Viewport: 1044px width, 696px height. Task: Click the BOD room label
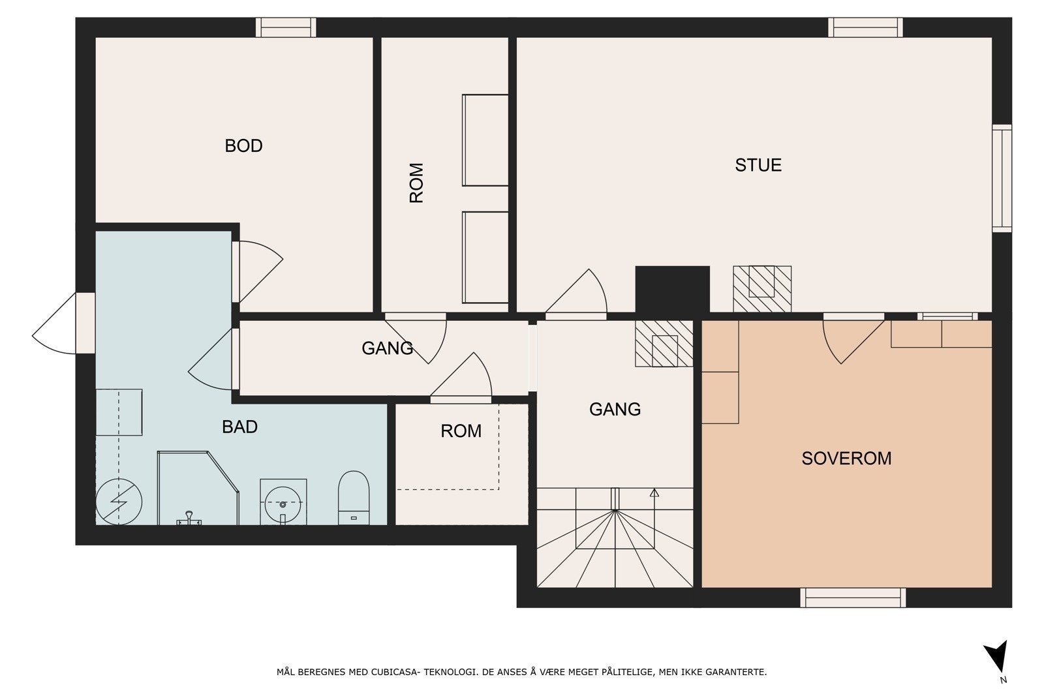coord(243,146)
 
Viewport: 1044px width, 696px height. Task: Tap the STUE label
coord(758,165)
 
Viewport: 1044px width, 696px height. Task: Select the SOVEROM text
coord(846,459)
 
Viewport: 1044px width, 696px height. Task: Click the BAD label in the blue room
coord(239,427)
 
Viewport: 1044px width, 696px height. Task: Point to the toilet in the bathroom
coord(353,498)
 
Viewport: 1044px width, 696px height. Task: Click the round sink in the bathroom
coord(283,504)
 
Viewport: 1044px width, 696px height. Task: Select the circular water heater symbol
coord(119,502)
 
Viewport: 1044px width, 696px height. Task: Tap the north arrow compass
coord(997,659)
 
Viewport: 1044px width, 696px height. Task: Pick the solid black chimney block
coord(672,290)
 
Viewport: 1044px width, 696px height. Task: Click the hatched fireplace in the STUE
coord(762,289)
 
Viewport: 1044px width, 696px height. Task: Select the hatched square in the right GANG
coord(664,344)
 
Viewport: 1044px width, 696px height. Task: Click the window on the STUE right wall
coord(1002,178)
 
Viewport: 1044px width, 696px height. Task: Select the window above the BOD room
coord(286,27)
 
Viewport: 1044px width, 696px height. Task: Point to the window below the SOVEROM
coord(853,598)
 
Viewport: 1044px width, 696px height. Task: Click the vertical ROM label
coord(416,183)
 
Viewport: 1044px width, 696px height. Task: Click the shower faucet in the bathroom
coord(189,518)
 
